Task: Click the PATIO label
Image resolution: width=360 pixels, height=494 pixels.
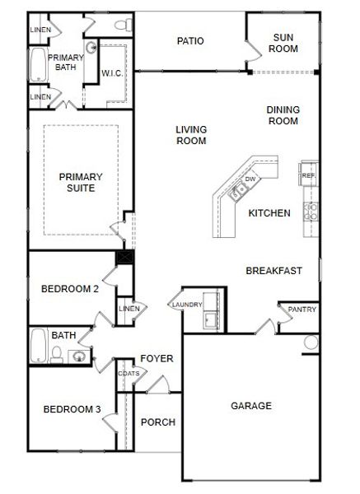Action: (190, 41)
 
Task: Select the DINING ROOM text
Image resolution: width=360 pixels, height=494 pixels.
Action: (282, 115)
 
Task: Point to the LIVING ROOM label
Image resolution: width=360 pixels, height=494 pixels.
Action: (190, 135)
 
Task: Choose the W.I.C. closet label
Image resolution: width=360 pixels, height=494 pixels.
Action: (112, 73)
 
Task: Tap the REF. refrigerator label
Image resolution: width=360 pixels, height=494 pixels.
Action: (309, 175)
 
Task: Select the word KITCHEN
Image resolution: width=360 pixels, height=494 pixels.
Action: (269, 213)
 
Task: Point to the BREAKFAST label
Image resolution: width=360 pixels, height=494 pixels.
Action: (274, 271)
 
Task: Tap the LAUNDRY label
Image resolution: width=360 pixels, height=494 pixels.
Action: (187, 305)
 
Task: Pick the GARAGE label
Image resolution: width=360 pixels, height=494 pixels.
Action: (250, 406)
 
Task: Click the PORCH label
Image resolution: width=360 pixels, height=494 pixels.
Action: (158, 422)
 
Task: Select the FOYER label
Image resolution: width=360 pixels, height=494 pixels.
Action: (157, 358)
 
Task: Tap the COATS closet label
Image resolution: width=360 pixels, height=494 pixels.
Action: (129, 373)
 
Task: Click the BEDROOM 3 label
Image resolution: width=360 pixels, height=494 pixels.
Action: (72, 409)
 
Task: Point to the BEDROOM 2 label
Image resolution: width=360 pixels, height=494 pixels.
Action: (70, 289)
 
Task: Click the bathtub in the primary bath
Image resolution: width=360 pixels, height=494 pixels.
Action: (38, 64)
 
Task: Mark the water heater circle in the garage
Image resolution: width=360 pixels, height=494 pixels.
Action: (311, 343)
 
